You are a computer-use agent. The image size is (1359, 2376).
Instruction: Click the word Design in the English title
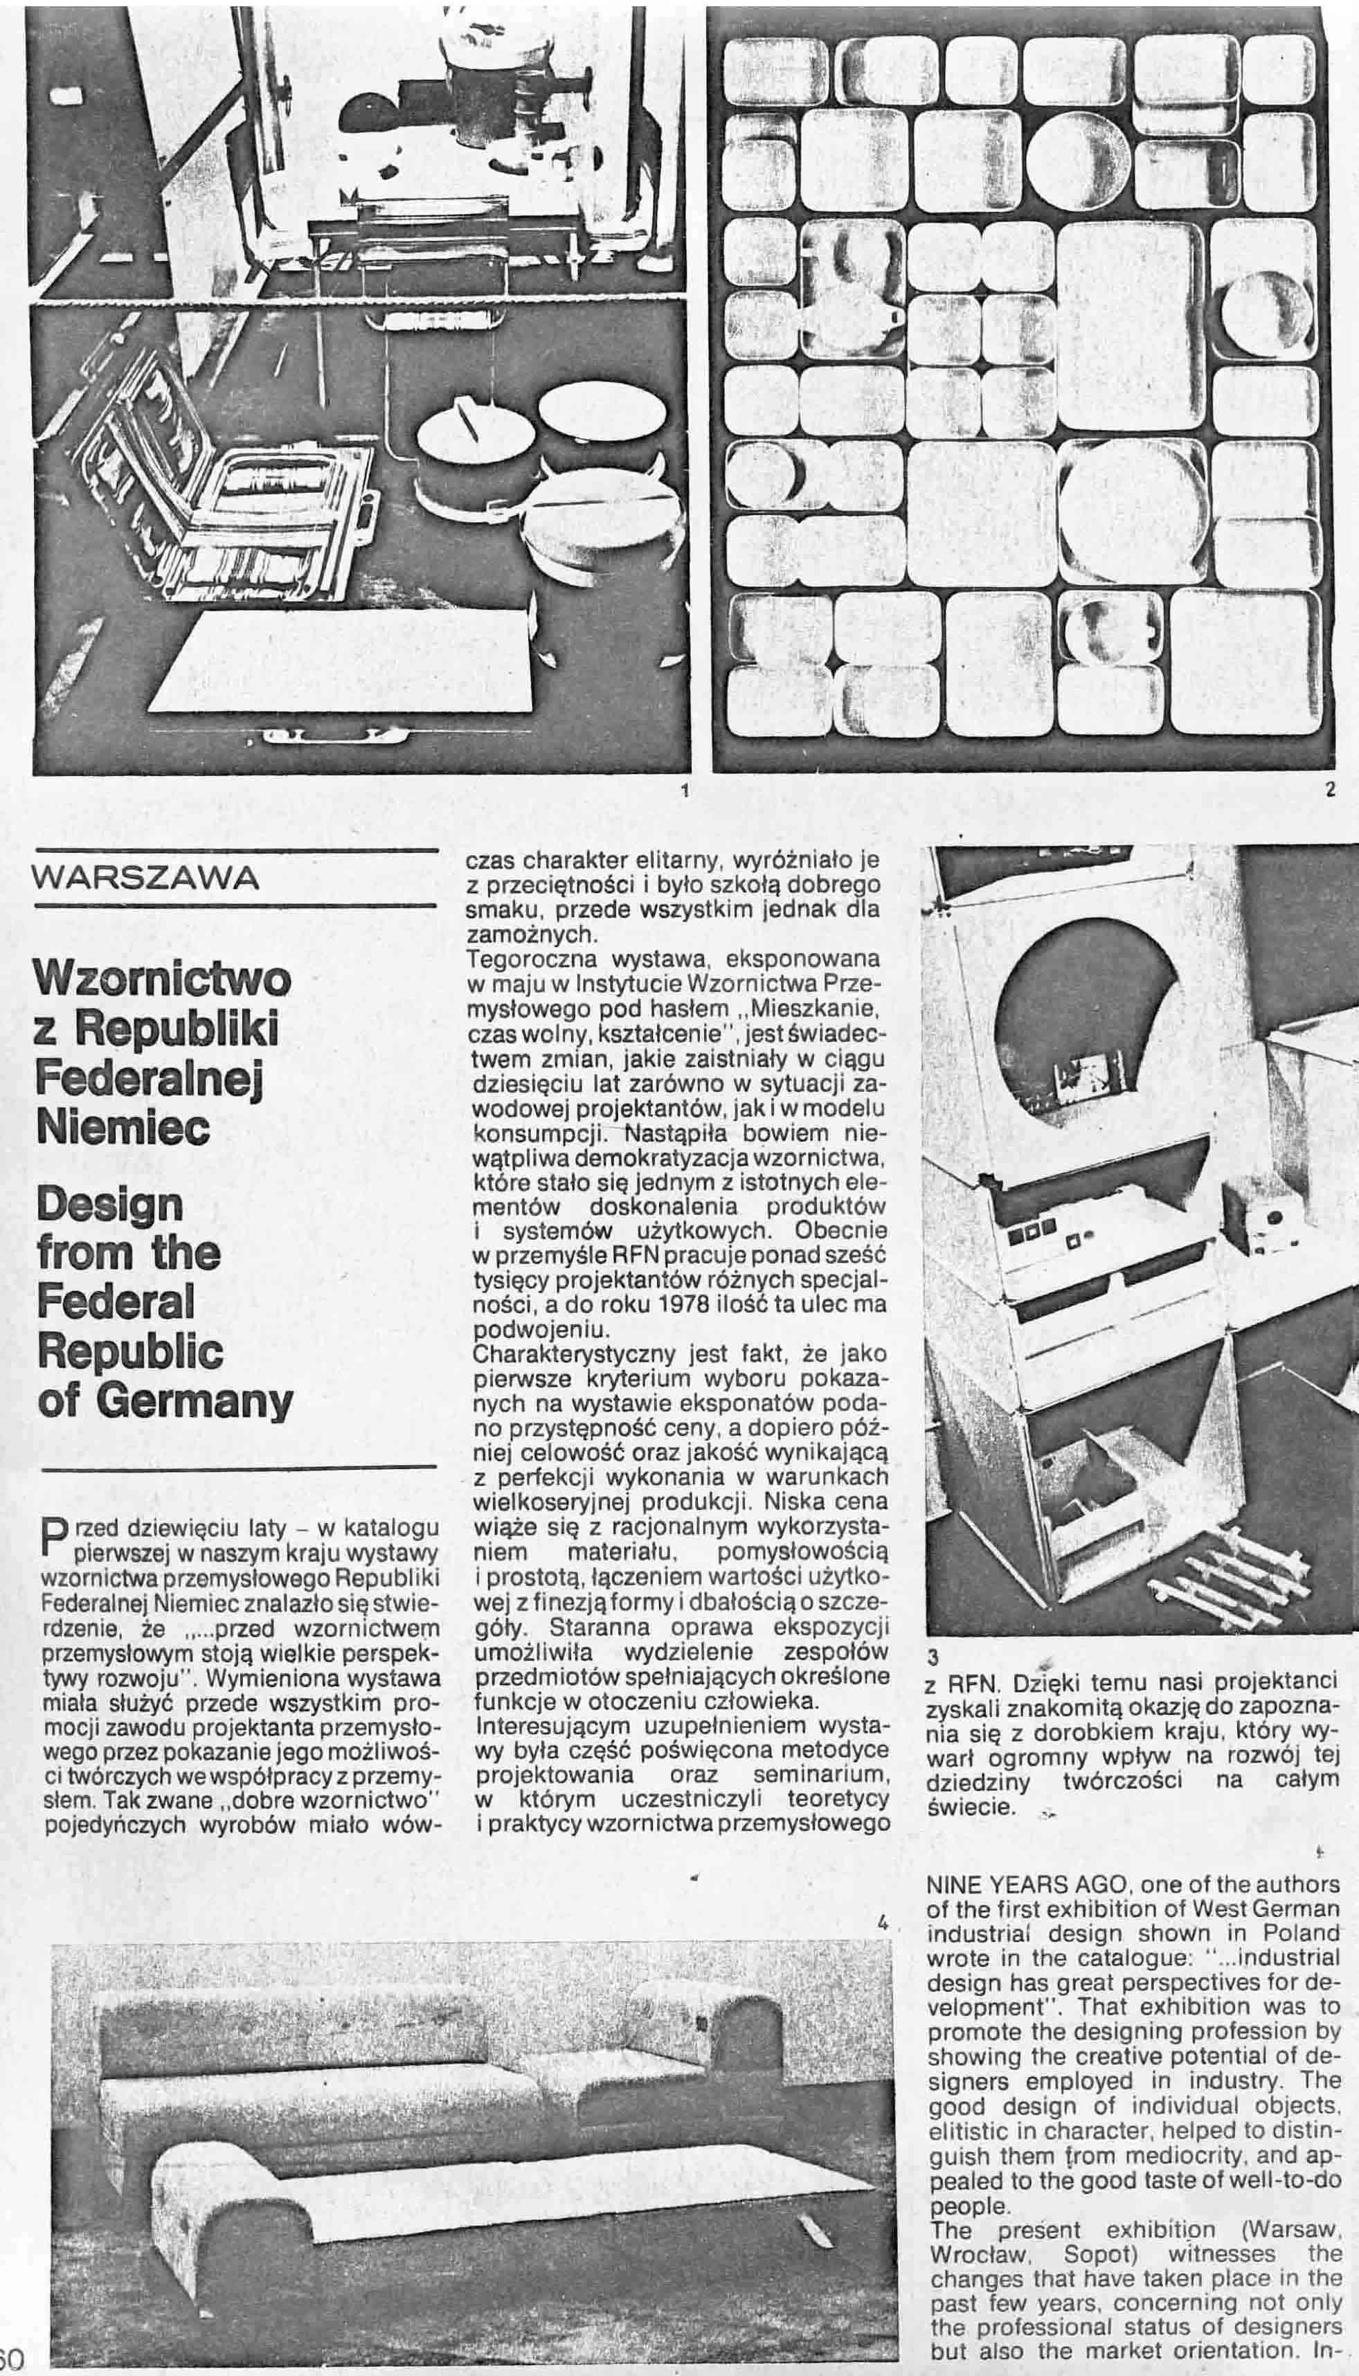[109, 1205]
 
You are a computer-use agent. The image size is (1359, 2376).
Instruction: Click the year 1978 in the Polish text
[680, 1304]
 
